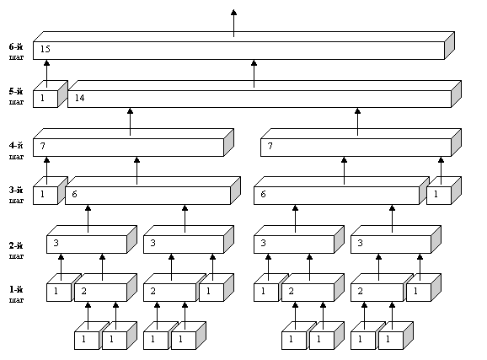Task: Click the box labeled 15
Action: click(x=243, y=46)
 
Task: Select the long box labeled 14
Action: click(x=265, y=94)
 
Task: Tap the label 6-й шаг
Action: click(x=16, y=51)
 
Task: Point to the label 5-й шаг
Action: click(x=16, y=96)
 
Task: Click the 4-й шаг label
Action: click(x=16, y=150)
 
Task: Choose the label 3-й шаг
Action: click(x=16, y=195)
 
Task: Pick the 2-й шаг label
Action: click(x=16, y=250)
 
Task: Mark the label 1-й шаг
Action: click(x=16, y=294)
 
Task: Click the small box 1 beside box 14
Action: click(x=51, y=94)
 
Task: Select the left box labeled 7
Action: click(x=133, y=142)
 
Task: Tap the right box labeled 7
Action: click(x=361, y=142)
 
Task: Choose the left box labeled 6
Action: click(x=153, y=191)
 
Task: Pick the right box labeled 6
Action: click(x=341, y=191)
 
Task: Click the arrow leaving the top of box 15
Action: click(x=234, y=24)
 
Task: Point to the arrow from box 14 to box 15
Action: click(x=254, y=73)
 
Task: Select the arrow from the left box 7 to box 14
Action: click(x=130, y=122)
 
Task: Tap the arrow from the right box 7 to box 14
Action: click(x=357, y=122)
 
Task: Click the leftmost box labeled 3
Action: click(x=92, y=239)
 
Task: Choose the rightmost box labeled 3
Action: click(x=396, y=239)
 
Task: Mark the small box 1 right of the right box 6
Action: click(x=444, y=191)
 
